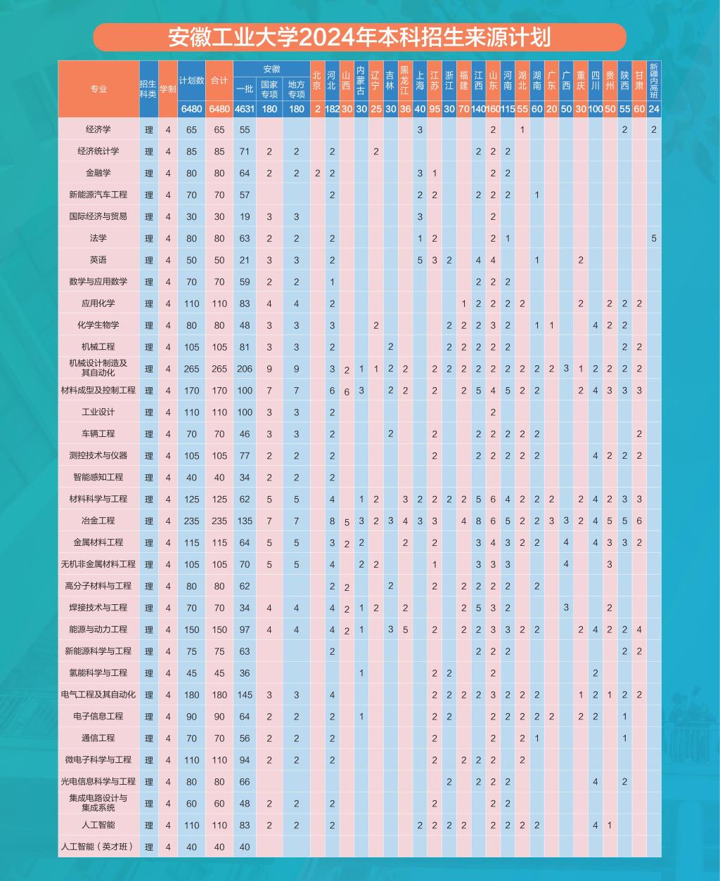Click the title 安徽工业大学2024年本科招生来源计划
[x=359, y=37]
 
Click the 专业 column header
[x=98, y=89]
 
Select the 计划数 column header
[x=191, y=80]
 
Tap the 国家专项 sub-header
[x=269, y=89]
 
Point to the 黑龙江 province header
[x=405, y=80]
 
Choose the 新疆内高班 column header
[x=654, y=80]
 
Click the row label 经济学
[x=98, y=129]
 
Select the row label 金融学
[x=98, y=173]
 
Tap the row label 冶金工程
[x=98, y=521]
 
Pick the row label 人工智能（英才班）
[x=98, y=847]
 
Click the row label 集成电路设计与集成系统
[x=98, y=803]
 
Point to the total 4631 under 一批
[x=244, y=109]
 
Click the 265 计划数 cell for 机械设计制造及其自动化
[x=191, y=369]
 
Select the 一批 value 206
[x=244, y=369]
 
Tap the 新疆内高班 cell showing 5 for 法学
[x=654, y=238]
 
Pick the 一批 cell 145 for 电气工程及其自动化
[x=244, y=695]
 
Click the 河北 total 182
[x=332, y=109]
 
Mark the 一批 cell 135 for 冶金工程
[x=244, y=521]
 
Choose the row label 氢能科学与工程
[x=98, y=673]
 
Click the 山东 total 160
[x=493, y=109]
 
